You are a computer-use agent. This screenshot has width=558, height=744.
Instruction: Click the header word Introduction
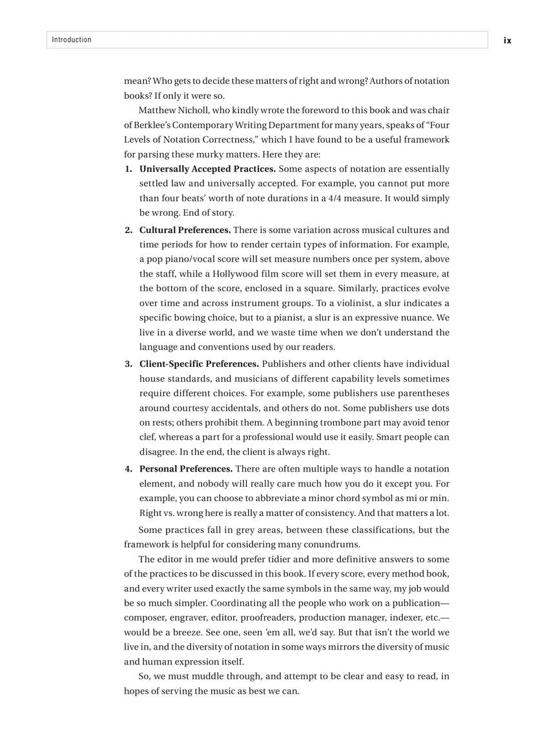[72, 40]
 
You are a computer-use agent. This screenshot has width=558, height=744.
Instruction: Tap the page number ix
[508, 41]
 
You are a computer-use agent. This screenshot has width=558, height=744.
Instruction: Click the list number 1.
[128, 169]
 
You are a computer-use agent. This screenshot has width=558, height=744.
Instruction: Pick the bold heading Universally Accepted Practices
[207, 169]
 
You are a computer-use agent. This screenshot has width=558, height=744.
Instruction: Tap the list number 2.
[128, 231]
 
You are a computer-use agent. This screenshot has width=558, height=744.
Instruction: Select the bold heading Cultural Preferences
[185, 231]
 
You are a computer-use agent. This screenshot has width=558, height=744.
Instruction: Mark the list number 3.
[128, 364]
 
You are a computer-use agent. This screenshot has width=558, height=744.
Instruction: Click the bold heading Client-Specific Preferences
[199, 364]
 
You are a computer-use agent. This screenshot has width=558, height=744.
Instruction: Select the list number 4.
[128, 469]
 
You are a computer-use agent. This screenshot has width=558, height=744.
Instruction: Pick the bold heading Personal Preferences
[186, 469]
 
